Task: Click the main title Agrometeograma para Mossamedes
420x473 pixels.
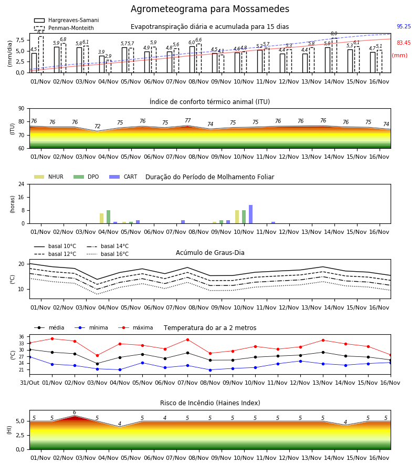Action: [209, 9]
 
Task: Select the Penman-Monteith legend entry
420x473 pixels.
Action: [64, 28]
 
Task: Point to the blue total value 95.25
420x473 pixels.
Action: [404, 27]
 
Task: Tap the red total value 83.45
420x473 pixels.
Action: [404, 43]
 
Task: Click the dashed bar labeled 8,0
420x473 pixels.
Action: [334, 56]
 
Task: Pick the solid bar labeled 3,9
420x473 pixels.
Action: [102, 64]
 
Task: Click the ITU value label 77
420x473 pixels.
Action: [188, 120]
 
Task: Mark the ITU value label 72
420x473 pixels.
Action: [97, 126]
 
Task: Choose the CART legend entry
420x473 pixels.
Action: [123, 177]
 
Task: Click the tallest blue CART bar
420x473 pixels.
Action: [250, 214]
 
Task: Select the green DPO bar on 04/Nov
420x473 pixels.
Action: [109, 217]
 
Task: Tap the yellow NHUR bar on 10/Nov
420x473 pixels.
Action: [237, 217]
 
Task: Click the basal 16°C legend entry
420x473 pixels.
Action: [108, 254]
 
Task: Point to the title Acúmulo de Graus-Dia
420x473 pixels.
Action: [210, 253]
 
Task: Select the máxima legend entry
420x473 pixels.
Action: [135, 327]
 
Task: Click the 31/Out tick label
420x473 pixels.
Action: [29, 383]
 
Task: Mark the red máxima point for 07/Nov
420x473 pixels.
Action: [188, 340]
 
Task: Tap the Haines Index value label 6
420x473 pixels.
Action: [75, 413]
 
